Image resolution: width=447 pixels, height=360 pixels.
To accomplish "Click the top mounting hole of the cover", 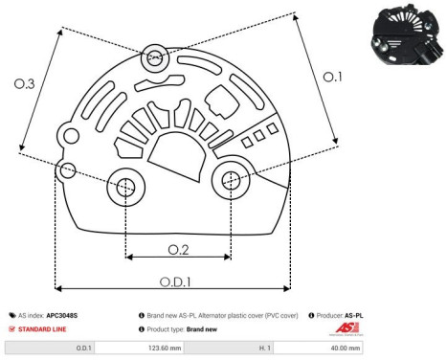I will [x=154, y=59].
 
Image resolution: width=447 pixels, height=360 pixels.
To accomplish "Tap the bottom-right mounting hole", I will [x=230, y=178].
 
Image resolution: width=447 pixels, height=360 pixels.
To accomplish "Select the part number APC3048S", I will [x=62, y=314].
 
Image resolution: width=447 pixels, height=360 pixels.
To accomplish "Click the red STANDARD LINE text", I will [x=42, y=328].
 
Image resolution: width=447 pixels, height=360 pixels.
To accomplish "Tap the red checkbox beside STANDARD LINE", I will [x=12, y=328].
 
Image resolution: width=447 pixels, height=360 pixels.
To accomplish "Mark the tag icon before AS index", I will [x=12, y=314].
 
